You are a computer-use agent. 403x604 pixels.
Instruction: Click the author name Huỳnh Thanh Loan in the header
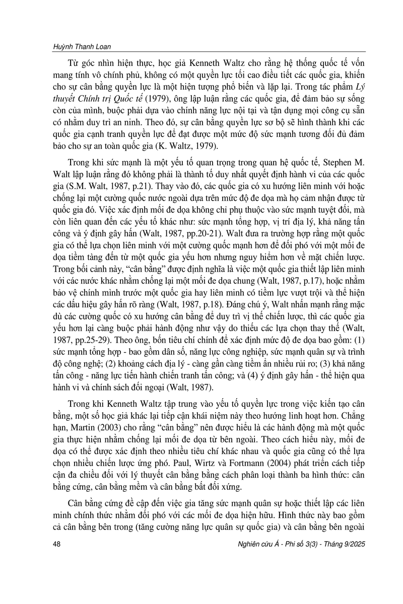coord(82,46)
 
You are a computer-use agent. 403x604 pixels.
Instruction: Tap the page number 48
coord(56,545)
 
